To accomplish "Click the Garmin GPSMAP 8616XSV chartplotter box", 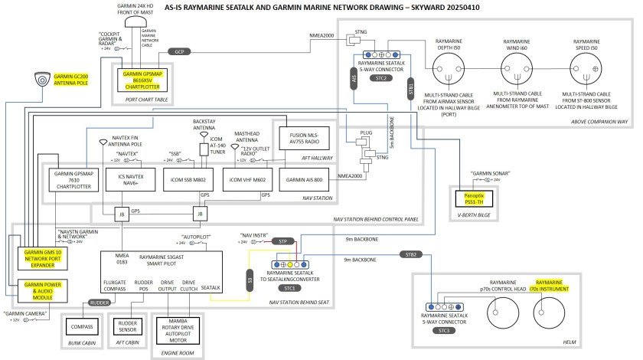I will click(145, 78).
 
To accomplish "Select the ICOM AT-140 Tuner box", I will click(204, 149).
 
